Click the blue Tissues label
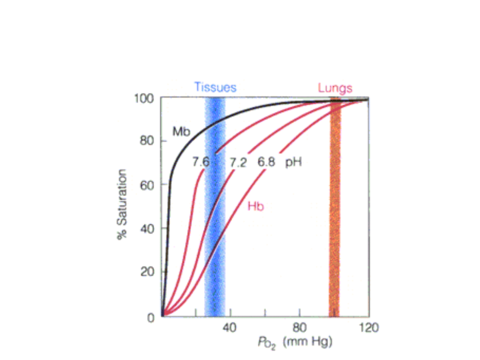(215, 88)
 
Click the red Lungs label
(335, 88)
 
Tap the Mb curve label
(181, 132)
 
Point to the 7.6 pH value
(200, 162)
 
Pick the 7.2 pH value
(238, 163)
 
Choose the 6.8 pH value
(267, 162)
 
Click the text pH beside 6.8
(293, 162)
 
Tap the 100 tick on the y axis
(144, 98)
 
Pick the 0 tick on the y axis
(151, 317)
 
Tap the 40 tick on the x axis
(230, 328)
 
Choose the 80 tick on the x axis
(300, 328)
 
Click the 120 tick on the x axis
(368, 328)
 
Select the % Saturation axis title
(122, 204)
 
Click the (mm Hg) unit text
(307, 343)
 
